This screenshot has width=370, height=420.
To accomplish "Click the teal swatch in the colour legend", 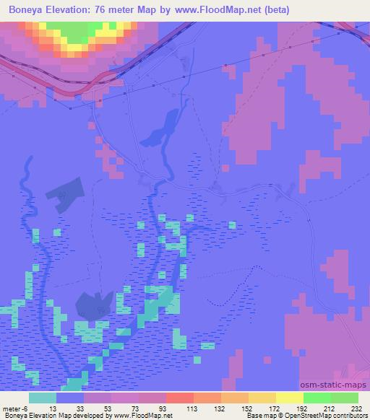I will click(43, 398).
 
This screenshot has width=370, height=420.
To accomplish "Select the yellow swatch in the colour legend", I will click(291, 398).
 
